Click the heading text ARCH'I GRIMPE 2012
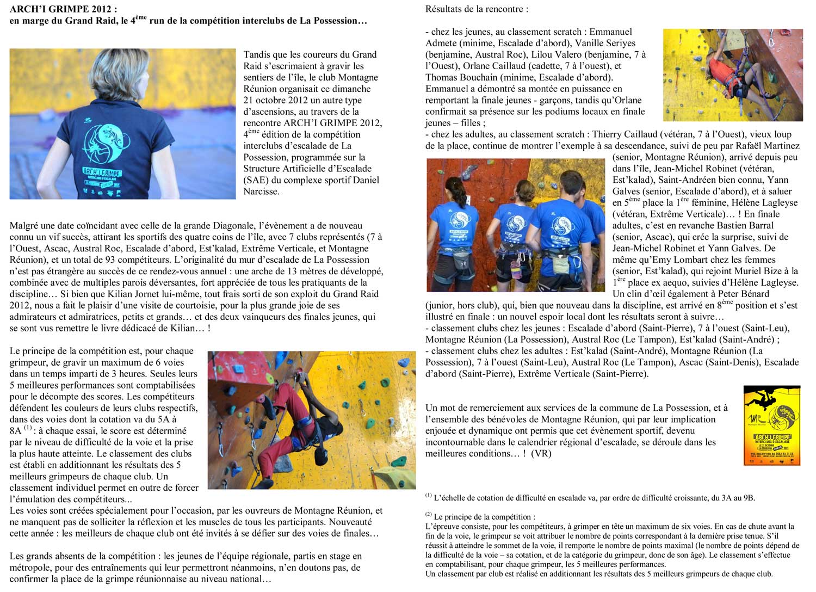tap(63, 9)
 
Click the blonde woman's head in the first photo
tap(116, 73)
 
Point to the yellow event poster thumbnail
tap(771, 425)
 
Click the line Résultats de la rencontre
tap(477, 9)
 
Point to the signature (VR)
tap(541, 453)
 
